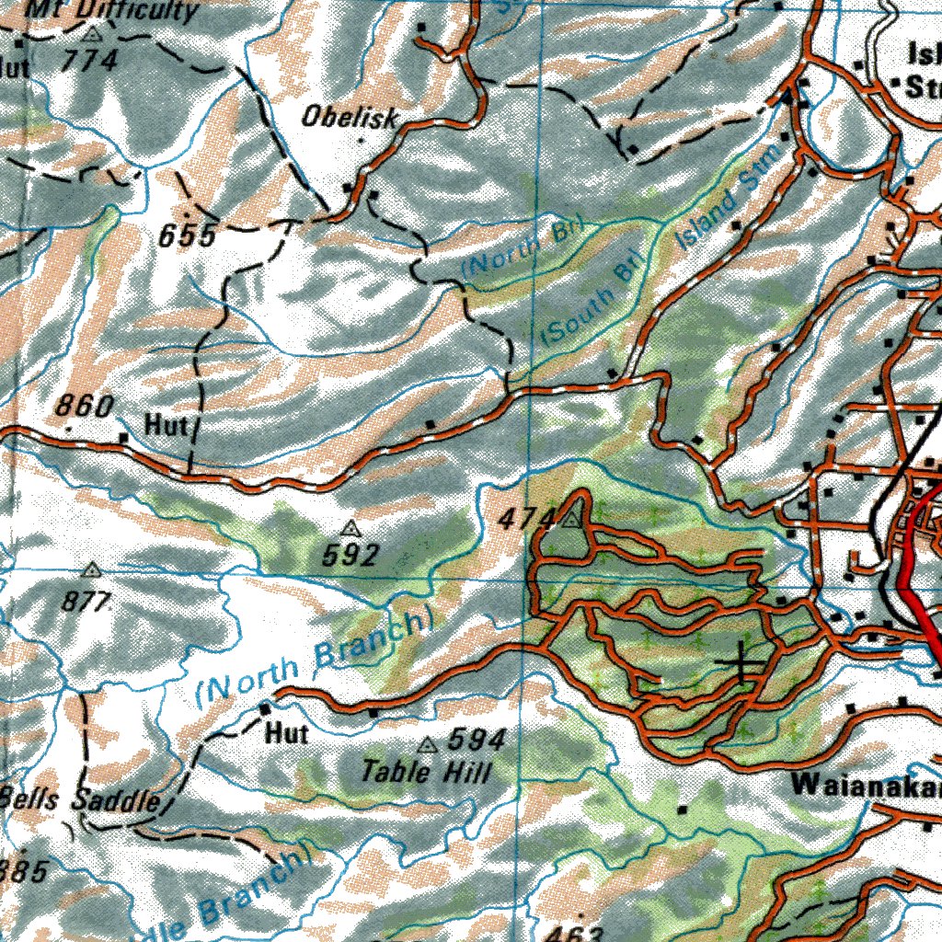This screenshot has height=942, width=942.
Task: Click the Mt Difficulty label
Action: [x=111, y=10]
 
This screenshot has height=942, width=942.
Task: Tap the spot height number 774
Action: [x=91, y=61]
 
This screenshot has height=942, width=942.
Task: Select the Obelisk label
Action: [x=350, y=118]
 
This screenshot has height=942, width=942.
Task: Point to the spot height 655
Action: [x=187, y=236]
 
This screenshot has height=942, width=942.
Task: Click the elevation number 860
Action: [x=85, y=406]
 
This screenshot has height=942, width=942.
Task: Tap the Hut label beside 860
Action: [x=166, y=425]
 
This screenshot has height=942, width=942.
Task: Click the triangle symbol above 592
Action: [x=350, y=528]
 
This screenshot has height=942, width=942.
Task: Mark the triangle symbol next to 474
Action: [x=572, y=521]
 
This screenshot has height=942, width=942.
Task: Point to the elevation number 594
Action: [x=477, y=740]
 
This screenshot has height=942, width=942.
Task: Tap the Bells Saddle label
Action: [x=81, y=798]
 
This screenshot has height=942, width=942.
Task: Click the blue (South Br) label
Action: [x=590, y=303]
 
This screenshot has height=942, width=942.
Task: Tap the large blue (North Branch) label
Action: [x=313, y=654]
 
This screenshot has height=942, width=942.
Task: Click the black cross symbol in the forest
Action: [x=741, y=661]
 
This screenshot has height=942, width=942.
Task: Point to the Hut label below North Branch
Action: [x=287, y=733]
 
